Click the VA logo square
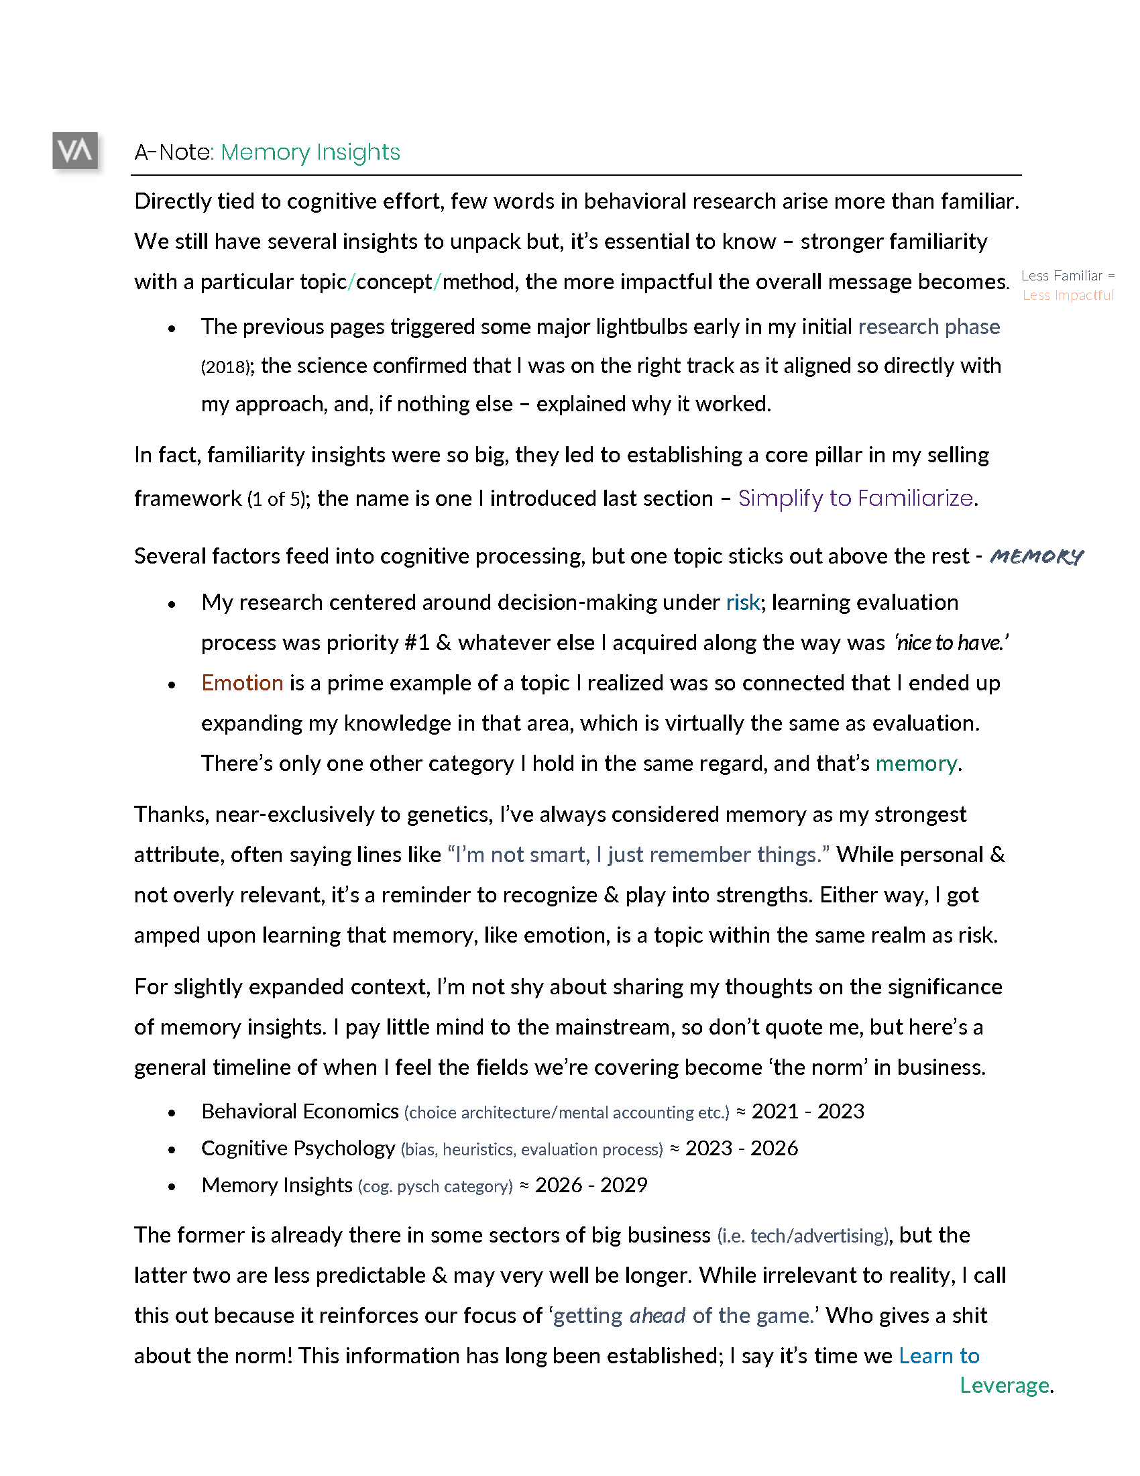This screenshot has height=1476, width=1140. (75, 150)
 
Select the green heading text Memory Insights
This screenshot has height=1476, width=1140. (310, 152)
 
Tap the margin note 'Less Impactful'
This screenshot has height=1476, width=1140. (1068, 295)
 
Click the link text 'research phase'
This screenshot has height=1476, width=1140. (929, 327)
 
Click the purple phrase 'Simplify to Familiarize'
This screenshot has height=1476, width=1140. (856, 498)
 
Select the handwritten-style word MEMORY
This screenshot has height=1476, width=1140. (1036, 556)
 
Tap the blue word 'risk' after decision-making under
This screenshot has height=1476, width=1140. (743, 602)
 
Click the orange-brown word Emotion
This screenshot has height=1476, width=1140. (242, 682)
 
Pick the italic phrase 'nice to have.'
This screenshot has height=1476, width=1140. (952, 643)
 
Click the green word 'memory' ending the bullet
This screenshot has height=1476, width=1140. (916, 763)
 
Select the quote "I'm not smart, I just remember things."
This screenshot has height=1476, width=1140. (638, 855)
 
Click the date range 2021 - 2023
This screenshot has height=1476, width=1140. (808, 1112)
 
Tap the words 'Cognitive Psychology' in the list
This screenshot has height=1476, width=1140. (298, 1148)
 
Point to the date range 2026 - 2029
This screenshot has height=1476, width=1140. (591, 1185)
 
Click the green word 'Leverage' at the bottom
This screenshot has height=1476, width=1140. (1005, 1385)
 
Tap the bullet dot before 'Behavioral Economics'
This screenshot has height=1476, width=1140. (172, 1113)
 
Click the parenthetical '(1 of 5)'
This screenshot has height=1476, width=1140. (277, 499)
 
